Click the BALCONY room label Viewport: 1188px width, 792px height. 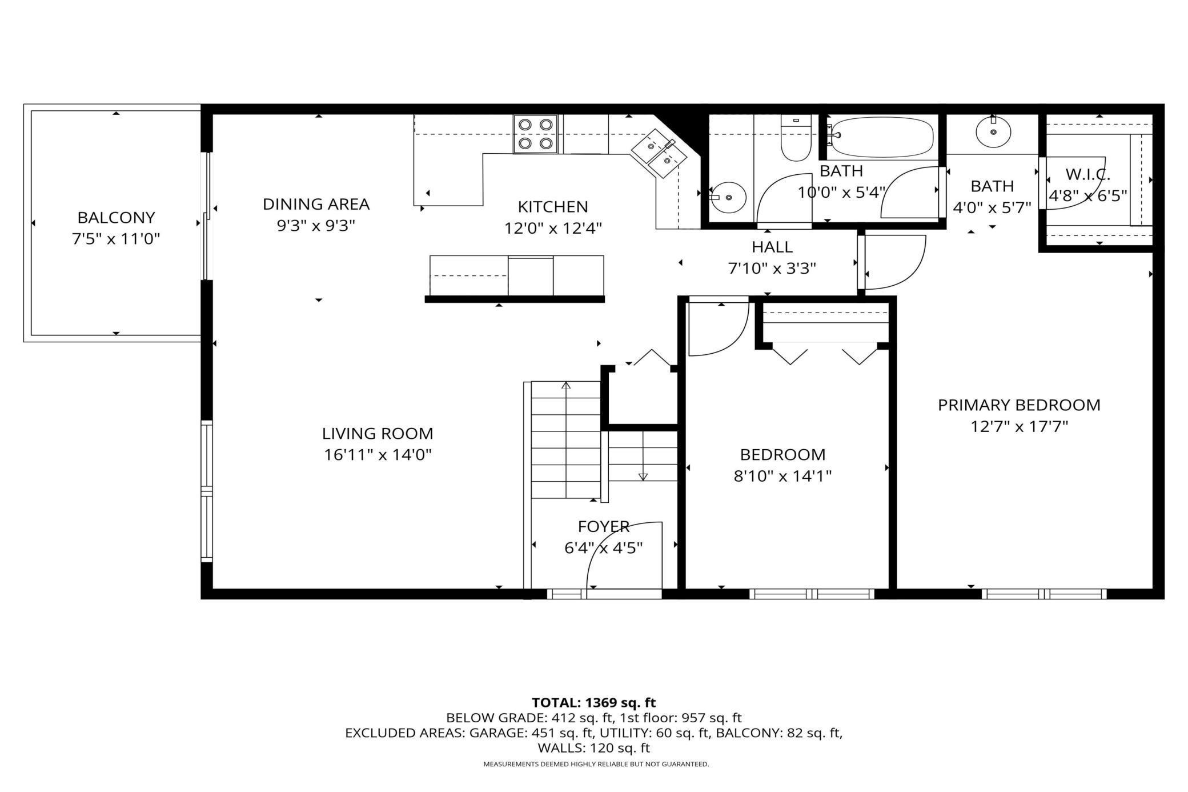(x=116, y=218)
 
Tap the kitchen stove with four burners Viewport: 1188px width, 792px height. (x=535, y=134)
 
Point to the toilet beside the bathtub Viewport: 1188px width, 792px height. (x=796, y=138)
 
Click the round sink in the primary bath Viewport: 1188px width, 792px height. (x=993, y=132)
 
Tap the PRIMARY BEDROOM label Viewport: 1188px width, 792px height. (x=1019, y=405)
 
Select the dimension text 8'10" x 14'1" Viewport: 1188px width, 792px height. (x=782, y=476)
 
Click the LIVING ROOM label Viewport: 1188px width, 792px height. (x=378, y=434)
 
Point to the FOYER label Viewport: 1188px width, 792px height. (x=604, y=526)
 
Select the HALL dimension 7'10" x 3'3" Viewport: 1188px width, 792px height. (x=772, y=269)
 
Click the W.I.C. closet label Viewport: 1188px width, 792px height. (x=1088, y=175)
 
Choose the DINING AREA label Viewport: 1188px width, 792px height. (x=316, y=204)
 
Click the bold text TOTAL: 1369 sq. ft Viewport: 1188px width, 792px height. (x=594, y=702)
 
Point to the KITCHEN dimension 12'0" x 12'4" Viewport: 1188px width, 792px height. (x=553, y=229)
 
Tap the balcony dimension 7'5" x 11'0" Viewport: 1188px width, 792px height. (x=116, y=239)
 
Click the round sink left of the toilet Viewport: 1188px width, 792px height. (x=727, y=197)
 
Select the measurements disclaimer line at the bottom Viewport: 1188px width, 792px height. (x=596, y=764)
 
